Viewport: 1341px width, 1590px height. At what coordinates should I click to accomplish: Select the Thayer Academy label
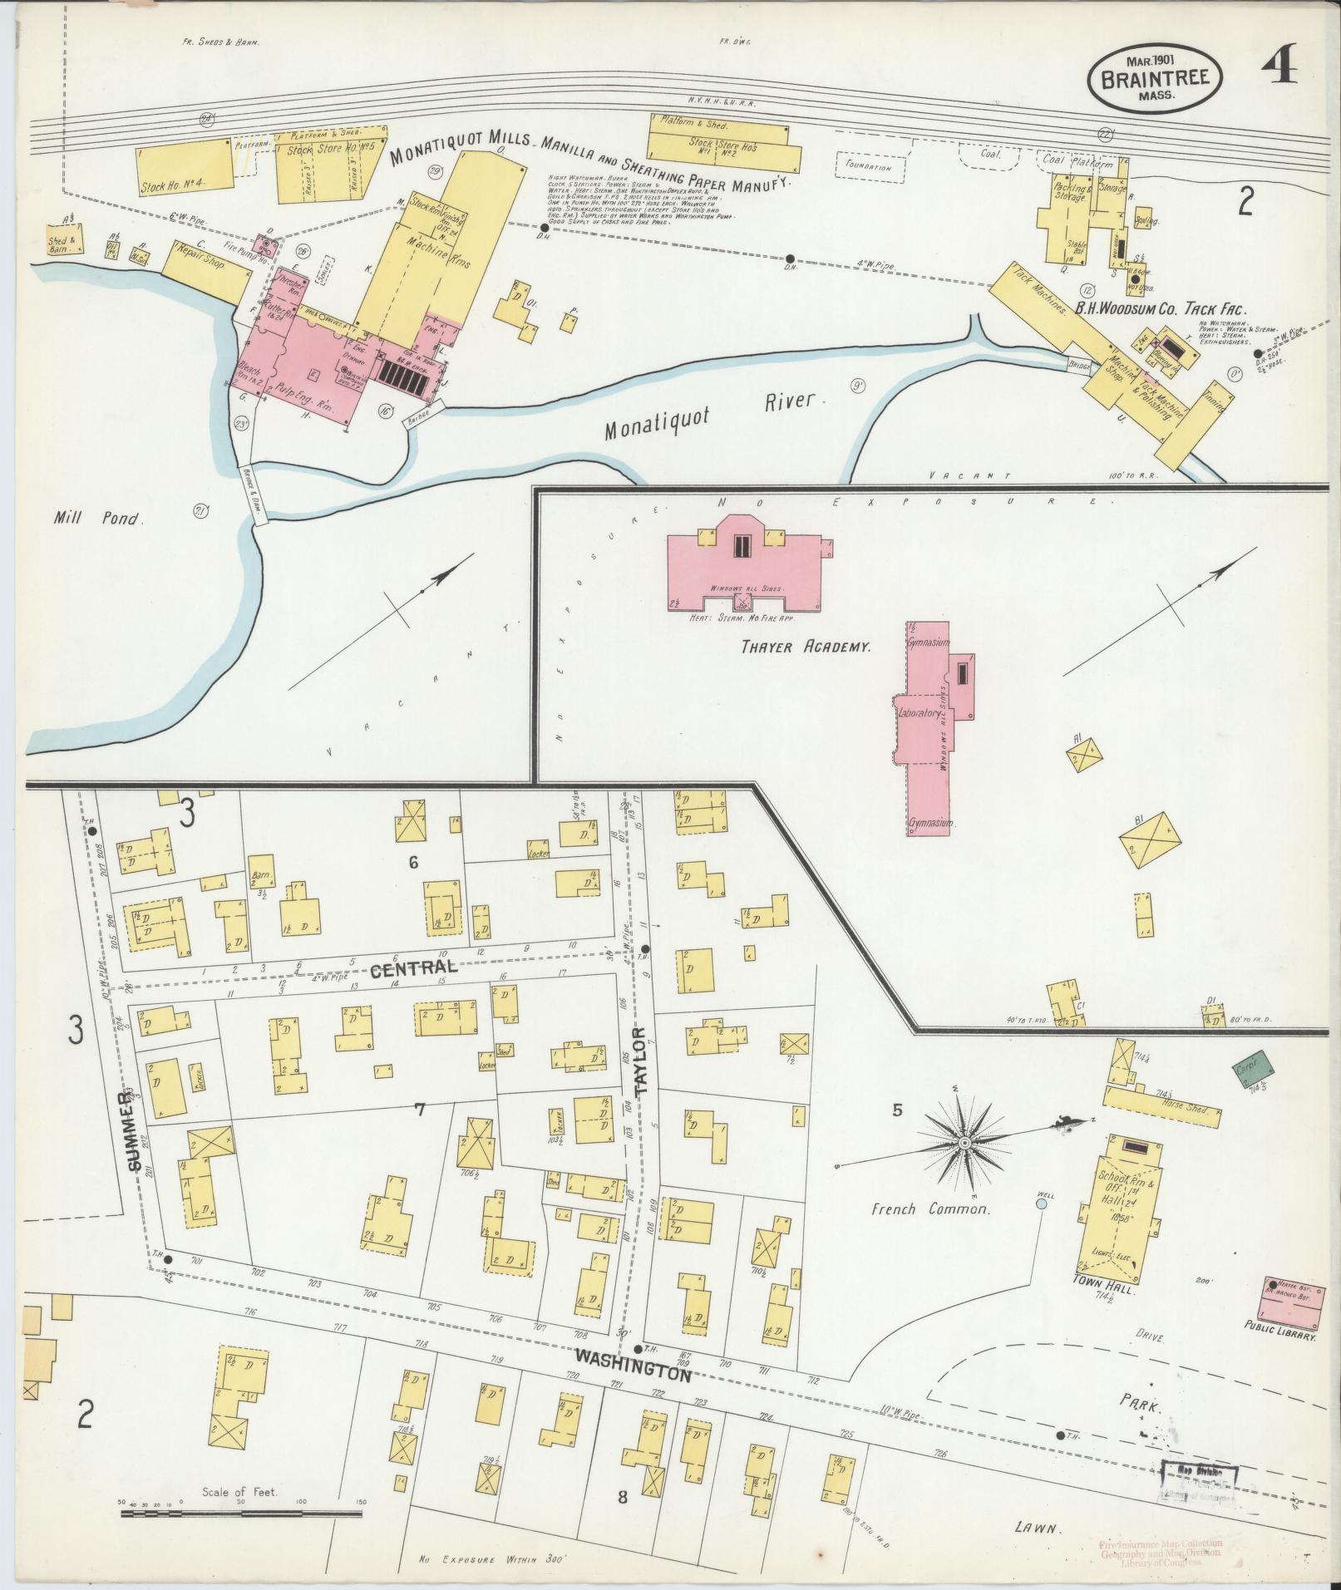tap(806, 645)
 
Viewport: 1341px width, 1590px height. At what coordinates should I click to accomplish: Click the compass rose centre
tap(964, 1144)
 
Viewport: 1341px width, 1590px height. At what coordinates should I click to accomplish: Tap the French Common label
tap(930, 1209)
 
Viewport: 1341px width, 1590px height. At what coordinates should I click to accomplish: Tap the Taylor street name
tap(638, 1066)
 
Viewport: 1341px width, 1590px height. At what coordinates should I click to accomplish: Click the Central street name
tap(414, 967)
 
